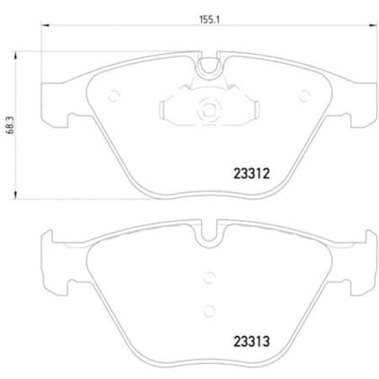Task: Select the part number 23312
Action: (250, 176)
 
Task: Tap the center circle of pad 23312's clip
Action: (207, 107)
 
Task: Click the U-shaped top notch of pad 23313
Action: (207, 237)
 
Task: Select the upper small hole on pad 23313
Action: (207, 275)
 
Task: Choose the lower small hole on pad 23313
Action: (207, 307)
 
